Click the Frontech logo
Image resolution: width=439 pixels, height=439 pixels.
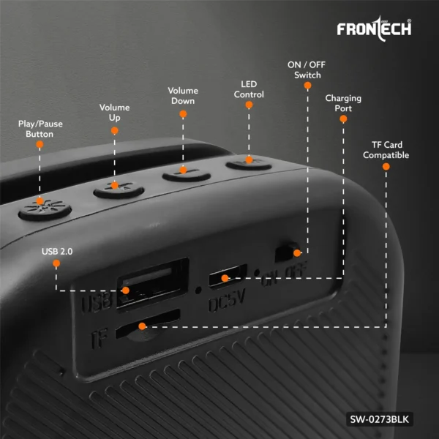374,29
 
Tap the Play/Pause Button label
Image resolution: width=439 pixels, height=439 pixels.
40,129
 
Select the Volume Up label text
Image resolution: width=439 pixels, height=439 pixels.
115,112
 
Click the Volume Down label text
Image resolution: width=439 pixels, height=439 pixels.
183,95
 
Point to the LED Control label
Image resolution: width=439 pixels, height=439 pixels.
249,89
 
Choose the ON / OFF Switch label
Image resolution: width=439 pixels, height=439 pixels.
307,70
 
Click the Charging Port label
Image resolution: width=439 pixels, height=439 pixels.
343,103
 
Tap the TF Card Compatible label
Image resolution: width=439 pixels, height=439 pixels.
386,150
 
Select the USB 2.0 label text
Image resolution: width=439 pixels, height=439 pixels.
57,252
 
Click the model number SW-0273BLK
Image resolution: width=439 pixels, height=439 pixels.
379,419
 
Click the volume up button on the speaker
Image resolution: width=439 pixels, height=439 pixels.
119,190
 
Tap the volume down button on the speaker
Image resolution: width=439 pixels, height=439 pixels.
187,175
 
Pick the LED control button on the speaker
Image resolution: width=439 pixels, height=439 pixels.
249,165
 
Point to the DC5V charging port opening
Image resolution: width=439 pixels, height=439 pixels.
228,277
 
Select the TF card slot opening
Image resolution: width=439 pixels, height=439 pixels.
148,324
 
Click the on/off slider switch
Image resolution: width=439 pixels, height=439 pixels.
288,252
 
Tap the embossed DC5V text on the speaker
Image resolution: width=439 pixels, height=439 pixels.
227,300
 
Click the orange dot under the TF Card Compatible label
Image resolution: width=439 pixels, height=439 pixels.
386,167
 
